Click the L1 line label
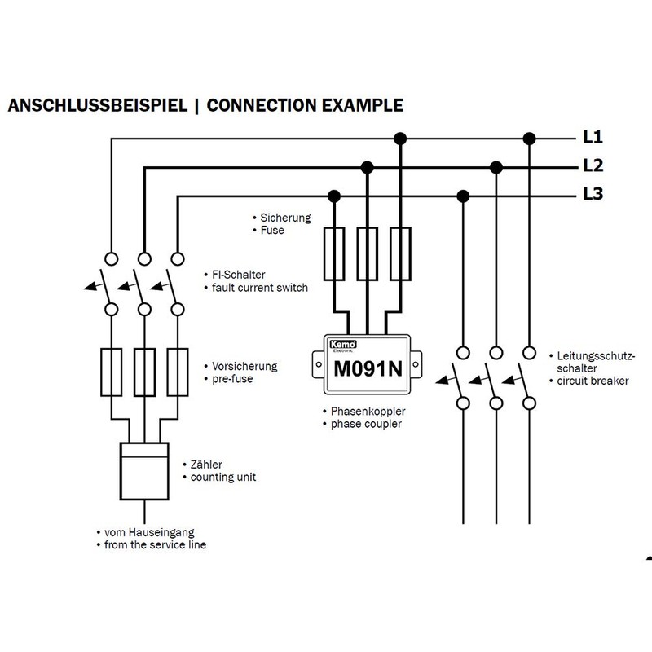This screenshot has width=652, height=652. pyautogui.click(x=593, y=136)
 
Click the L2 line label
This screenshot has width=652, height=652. pyautogui.click(x=593, y=165)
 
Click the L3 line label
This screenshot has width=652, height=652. pyautogui.click(x=593, y=195)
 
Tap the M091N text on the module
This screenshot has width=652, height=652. pyautogui.click(x=368, y=367)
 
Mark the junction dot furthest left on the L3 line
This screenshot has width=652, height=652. pyautogui.click(x=333, y=196)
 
